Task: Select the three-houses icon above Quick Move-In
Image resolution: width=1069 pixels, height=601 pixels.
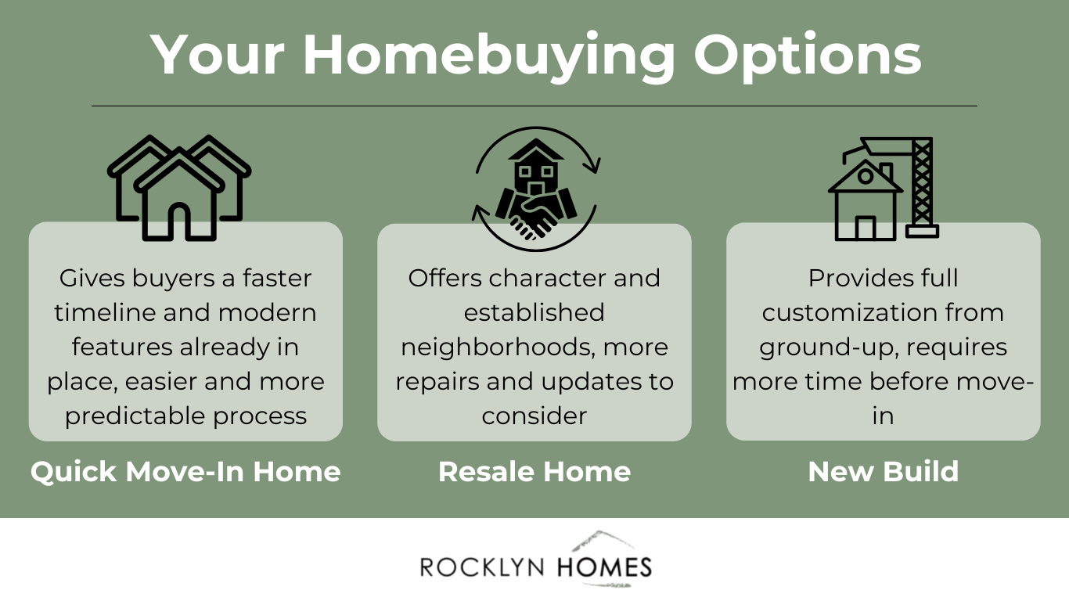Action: [x=179, y=188]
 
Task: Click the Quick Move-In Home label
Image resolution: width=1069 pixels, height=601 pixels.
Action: [x=185, y=472]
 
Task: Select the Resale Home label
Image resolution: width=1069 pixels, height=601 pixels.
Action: [x=534, y=472]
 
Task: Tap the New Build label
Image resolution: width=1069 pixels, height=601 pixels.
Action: [x=883, y=472]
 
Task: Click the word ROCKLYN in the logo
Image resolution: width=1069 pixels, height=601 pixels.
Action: [x=484, y=567]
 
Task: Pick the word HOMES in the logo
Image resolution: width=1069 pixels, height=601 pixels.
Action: [x=604, y=567]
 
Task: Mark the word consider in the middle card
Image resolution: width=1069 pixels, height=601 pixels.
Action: [x=534, y=416]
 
